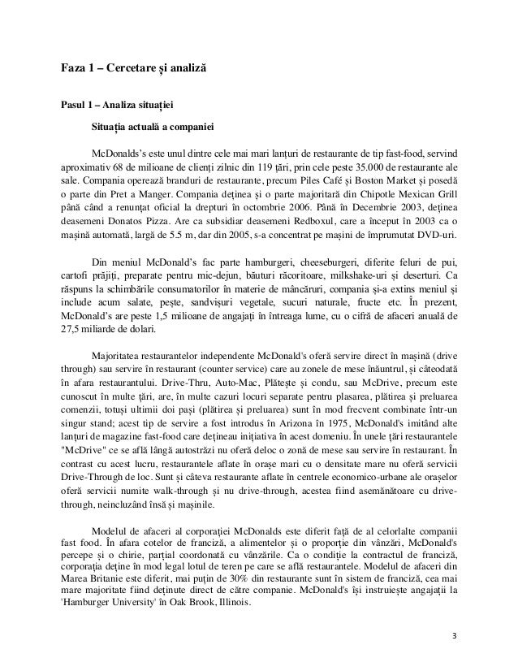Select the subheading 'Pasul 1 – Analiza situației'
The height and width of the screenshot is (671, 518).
[114, 105]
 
